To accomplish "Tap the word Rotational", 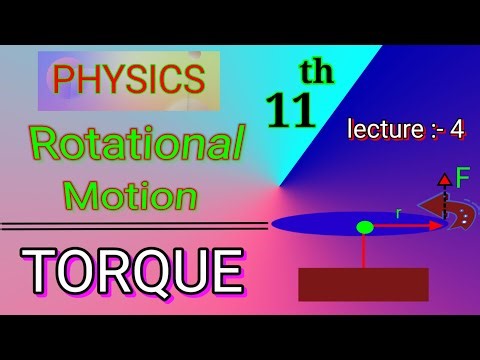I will [x=136, y=146].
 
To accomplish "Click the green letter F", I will [x=463, y=180].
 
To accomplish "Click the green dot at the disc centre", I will [x=364, y=227].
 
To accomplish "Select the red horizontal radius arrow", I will [x=400, y=227].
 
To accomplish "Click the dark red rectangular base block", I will [x=363, y=284].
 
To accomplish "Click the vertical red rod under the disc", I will [x=364, y=251].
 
